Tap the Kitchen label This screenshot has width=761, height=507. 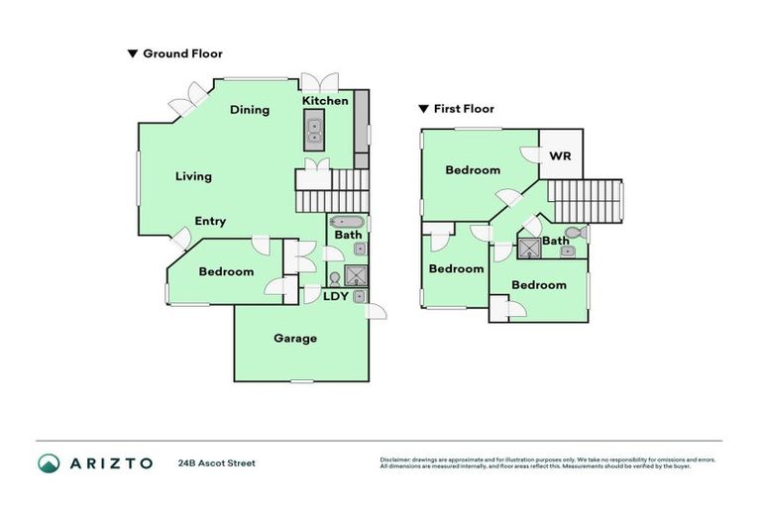click(x=325, y=101)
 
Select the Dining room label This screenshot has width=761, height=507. click(x=250, y=110)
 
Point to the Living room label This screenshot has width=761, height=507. click(x=193, y=176)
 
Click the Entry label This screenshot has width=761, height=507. click(x=210, y=222)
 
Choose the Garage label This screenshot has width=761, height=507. click(x=295, y=339)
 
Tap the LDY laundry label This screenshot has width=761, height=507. click(x=336, y=296)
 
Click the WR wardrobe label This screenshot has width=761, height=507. click(x=561, y=156)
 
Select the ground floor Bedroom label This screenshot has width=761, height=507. click(x=226, y=271)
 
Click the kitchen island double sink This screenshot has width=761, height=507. click(x=314, y=127)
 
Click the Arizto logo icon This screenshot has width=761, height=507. click(x=50, y=462)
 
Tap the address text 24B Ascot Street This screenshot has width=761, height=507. click(x=216, y=462)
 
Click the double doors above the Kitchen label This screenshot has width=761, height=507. click(x=320, y=81)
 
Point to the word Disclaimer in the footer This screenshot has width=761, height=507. click(x=396, y=459)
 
